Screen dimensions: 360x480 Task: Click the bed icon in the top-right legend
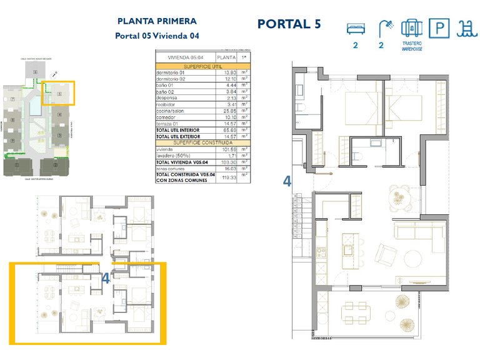(x=355, y=28)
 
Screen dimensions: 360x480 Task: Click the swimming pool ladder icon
(x=464, y=29)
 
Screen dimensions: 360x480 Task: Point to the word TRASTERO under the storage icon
(x=411, y=44)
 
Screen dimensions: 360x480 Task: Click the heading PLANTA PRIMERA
(x=157, y=21)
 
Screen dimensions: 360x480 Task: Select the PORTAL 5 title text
(x=289, y=24)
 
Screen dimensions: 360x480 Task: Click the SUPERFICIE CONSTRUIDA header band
(x=202, y=142)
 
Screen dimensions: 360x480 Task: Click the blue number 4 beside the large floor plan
(x=287, y=181)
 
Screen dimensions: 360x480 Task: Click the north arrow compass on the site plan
(x=55, y=73)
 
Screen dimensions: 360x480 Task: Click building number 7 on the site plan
(x=12, y=100)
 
